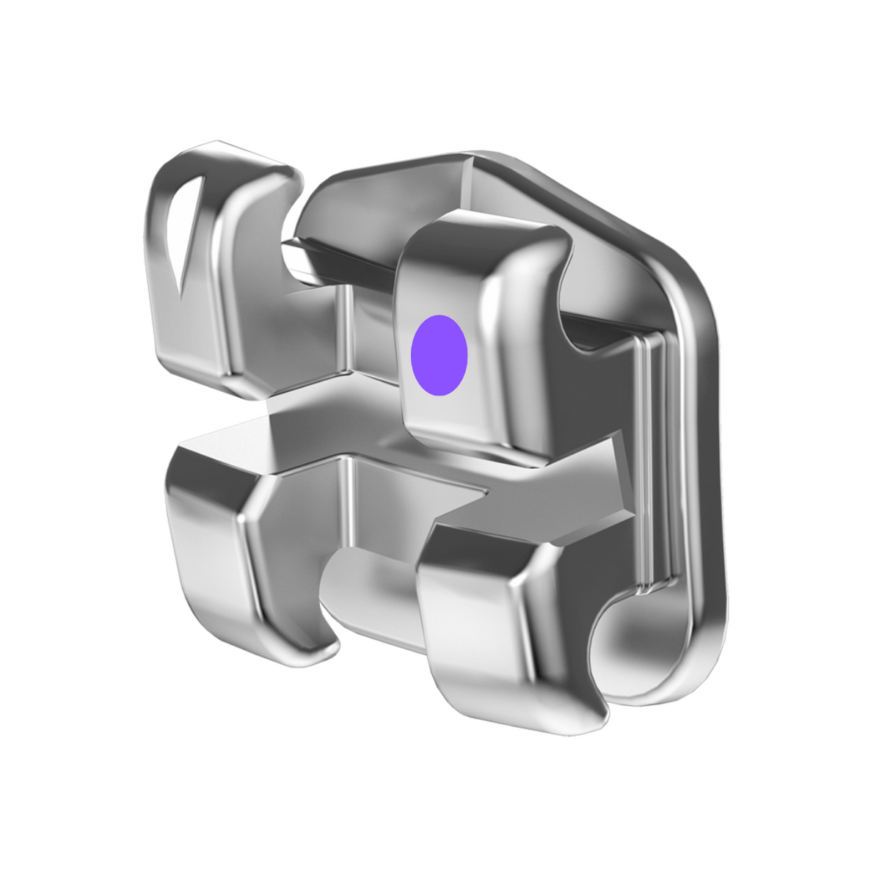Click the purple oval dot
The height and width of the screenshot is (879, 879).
point(439,356)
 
